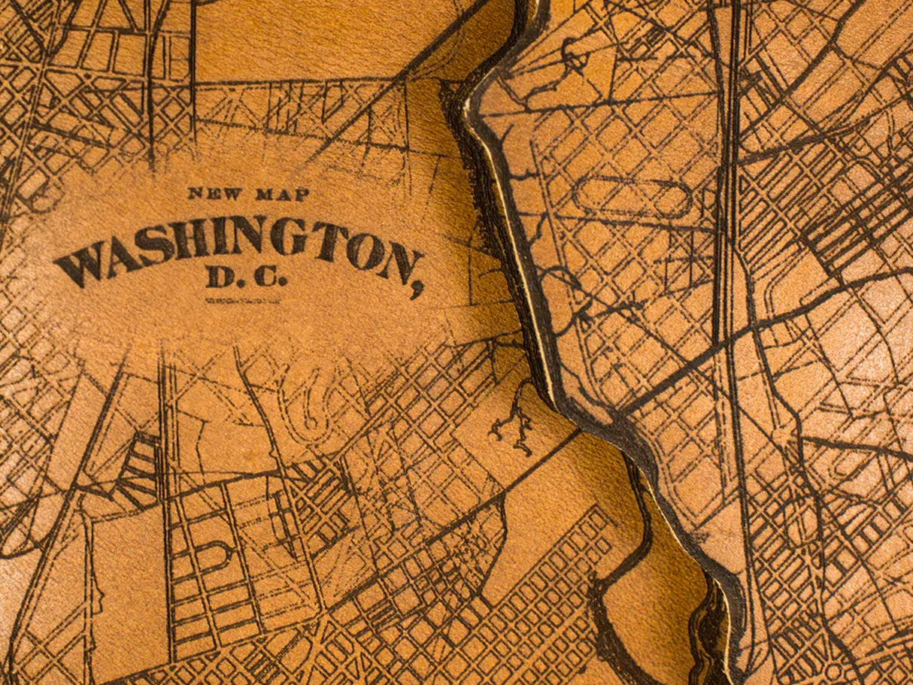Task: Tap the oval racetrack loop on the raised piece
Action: (x=632, y=198)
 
